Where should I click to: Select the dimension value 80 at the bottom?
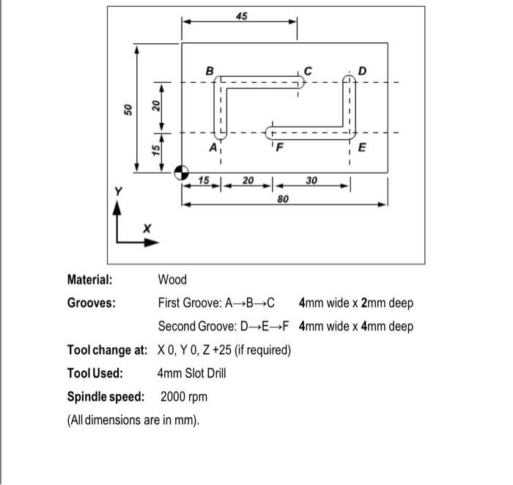point(284,199)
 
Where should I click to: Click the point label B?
point(210,71)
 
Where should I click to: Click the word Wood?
point(172,279)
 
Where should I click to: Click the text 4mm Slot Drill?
point(192,373)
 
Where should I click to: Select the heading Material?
point(90,279)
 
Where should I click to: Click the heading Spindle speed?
point(110,397)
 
